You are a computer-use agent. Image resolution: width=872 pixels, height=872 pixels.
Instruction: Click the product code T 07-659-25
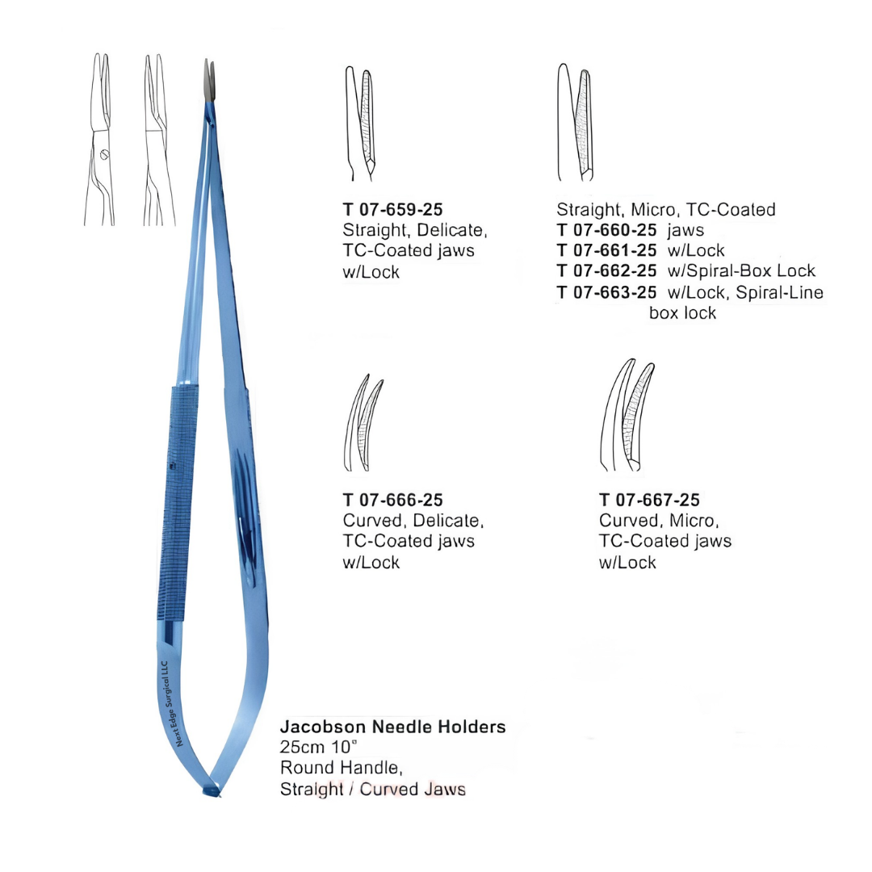click(392, 210)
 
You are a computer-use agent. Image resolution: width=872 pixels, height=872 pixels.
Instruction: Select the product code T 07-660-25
click(606, 229)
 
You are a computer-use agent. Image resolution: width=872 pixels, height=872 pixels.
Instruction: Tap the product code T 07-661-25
click(606, 250)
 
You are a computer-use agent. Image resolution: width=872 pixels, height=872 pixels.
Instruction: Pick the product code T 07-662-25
click(606, 270)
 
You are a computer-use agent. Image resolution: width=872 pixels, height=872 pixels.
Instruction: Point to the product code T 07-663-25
click(606, 292)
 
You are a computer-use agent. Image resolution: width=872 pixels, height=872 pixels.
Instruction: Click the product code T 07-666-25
click(392, 500)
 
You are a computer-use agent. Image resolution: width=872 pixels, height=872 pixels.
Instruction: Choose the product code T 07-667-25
click(649, 500)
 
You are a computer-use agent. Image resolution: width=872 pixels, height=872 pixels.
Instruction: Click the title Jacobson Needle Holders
click(392, 727)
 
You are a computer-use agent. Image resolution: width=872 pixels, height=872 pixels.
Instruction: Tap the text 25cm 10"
click(319, 747)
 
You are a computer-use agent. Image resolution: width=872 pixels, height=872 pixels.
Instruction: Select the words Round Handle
click(341, 768)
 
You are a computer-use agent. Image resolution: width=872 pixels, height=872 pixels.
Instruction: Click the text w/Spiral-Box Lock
click(741, 270)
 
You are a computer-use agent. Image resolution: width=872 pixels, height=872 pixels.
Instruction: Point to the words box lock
click(682, 312)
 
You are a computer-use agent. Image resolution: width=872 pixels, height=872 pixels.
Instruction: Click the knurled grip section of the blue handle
click(177, 503)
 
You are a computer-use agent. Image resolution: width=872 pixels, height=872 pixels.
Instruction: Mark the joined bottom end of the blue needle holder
click(212, 789)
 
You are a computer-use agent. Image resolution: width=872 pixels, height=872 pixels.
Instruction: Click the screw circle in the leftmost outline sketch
click(104, 155)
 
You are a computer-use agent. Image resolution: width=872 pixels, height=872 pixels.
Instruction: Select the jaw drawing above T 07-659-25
click(360, 124)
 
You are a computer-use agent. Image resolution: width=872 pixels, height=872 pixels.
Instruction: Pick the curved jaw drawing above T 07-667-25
click(627, 415)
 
